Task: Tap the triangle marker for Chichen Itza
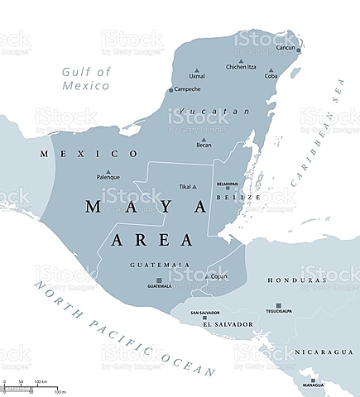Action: click(x=241, y=61)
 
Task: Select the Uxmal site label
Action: click(x=197, y=76)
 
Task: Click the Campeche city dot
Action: click(x=171, y=89)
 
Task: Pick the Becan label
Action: click(x=204, y=145)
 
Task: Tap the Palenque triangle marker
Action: click(x=108, y=171)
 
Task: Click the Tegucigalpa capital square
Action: click(x=278, y=304)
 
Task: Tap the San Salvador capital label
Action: click(x=204, y=313)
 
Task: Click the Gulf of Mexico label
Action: click(x=86, y=78)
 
